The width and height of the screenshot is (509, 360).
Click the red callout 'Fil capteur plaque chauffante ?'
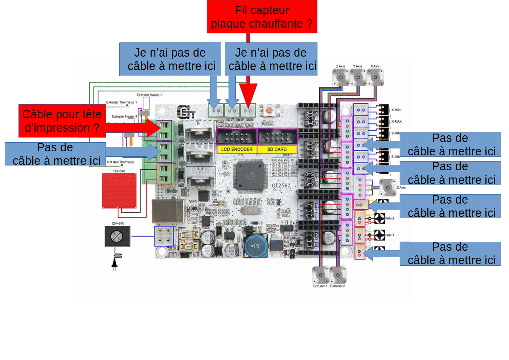click(262, 17)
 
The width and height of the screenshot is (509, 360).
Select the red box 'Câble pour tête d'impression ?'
click(62, 121)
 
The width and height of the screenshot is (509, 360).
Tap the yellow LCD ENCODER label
click(237, 149)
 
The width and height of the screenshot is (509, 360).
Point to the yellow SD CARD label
click(277, 149)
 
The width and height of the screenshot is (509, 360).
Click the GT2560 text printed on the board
click(281, 185)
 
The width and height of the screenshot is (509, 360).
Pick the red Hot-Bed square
click(119, 191)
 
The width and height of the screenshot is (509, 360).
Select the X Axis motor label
click(375, 66)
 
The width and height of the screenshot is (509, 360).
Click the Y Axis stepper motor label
click(357, 66)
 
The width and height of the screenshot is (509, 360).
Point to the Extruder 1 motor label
click(320, 286)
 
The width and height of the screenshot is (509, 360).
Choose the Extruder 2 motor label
click(337, 286)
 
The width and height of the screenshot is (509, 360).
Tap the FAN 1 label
click(390, 235)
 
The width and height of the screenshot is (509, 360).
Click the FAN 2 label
click(390, 218)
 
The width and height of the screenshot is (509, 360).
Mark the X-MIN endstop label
click(396, 110)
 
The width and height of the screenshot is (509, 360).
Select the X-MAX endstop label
click(396, 122)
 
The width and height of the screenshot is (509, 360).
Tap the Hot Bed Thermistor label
click(120, 162)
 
